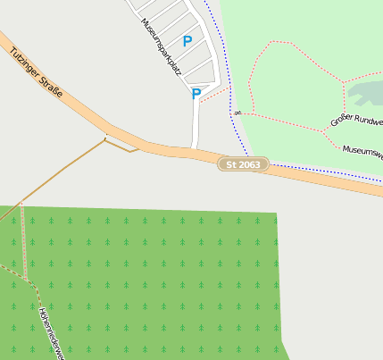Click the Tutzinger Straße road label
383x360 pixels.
[32, 67]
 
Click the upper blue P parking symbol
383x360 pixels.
[187, 41]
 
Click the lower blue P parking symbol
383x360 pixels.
[196, 93]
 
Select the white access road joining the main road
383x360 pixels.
[194, 125]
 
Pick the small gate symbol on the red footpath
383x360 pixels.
[237, 113]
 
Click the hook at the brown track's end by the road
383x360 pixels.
[132, 149]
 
